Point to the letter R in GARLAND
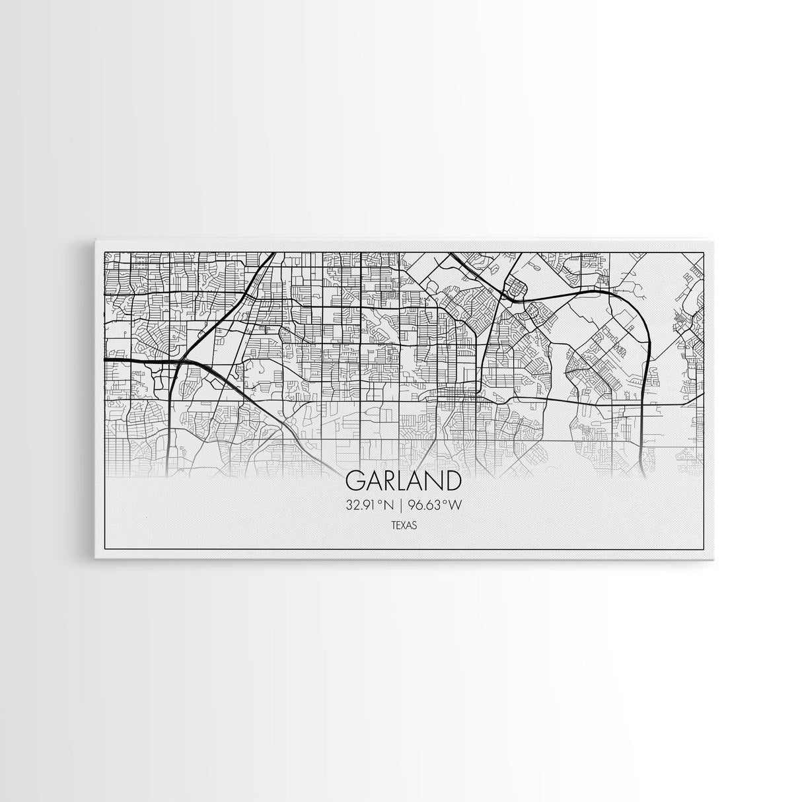(x=385, y=481)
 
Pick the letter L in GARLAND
(x=399, y=481)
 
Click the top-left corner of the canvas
(x=96, y=239)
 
